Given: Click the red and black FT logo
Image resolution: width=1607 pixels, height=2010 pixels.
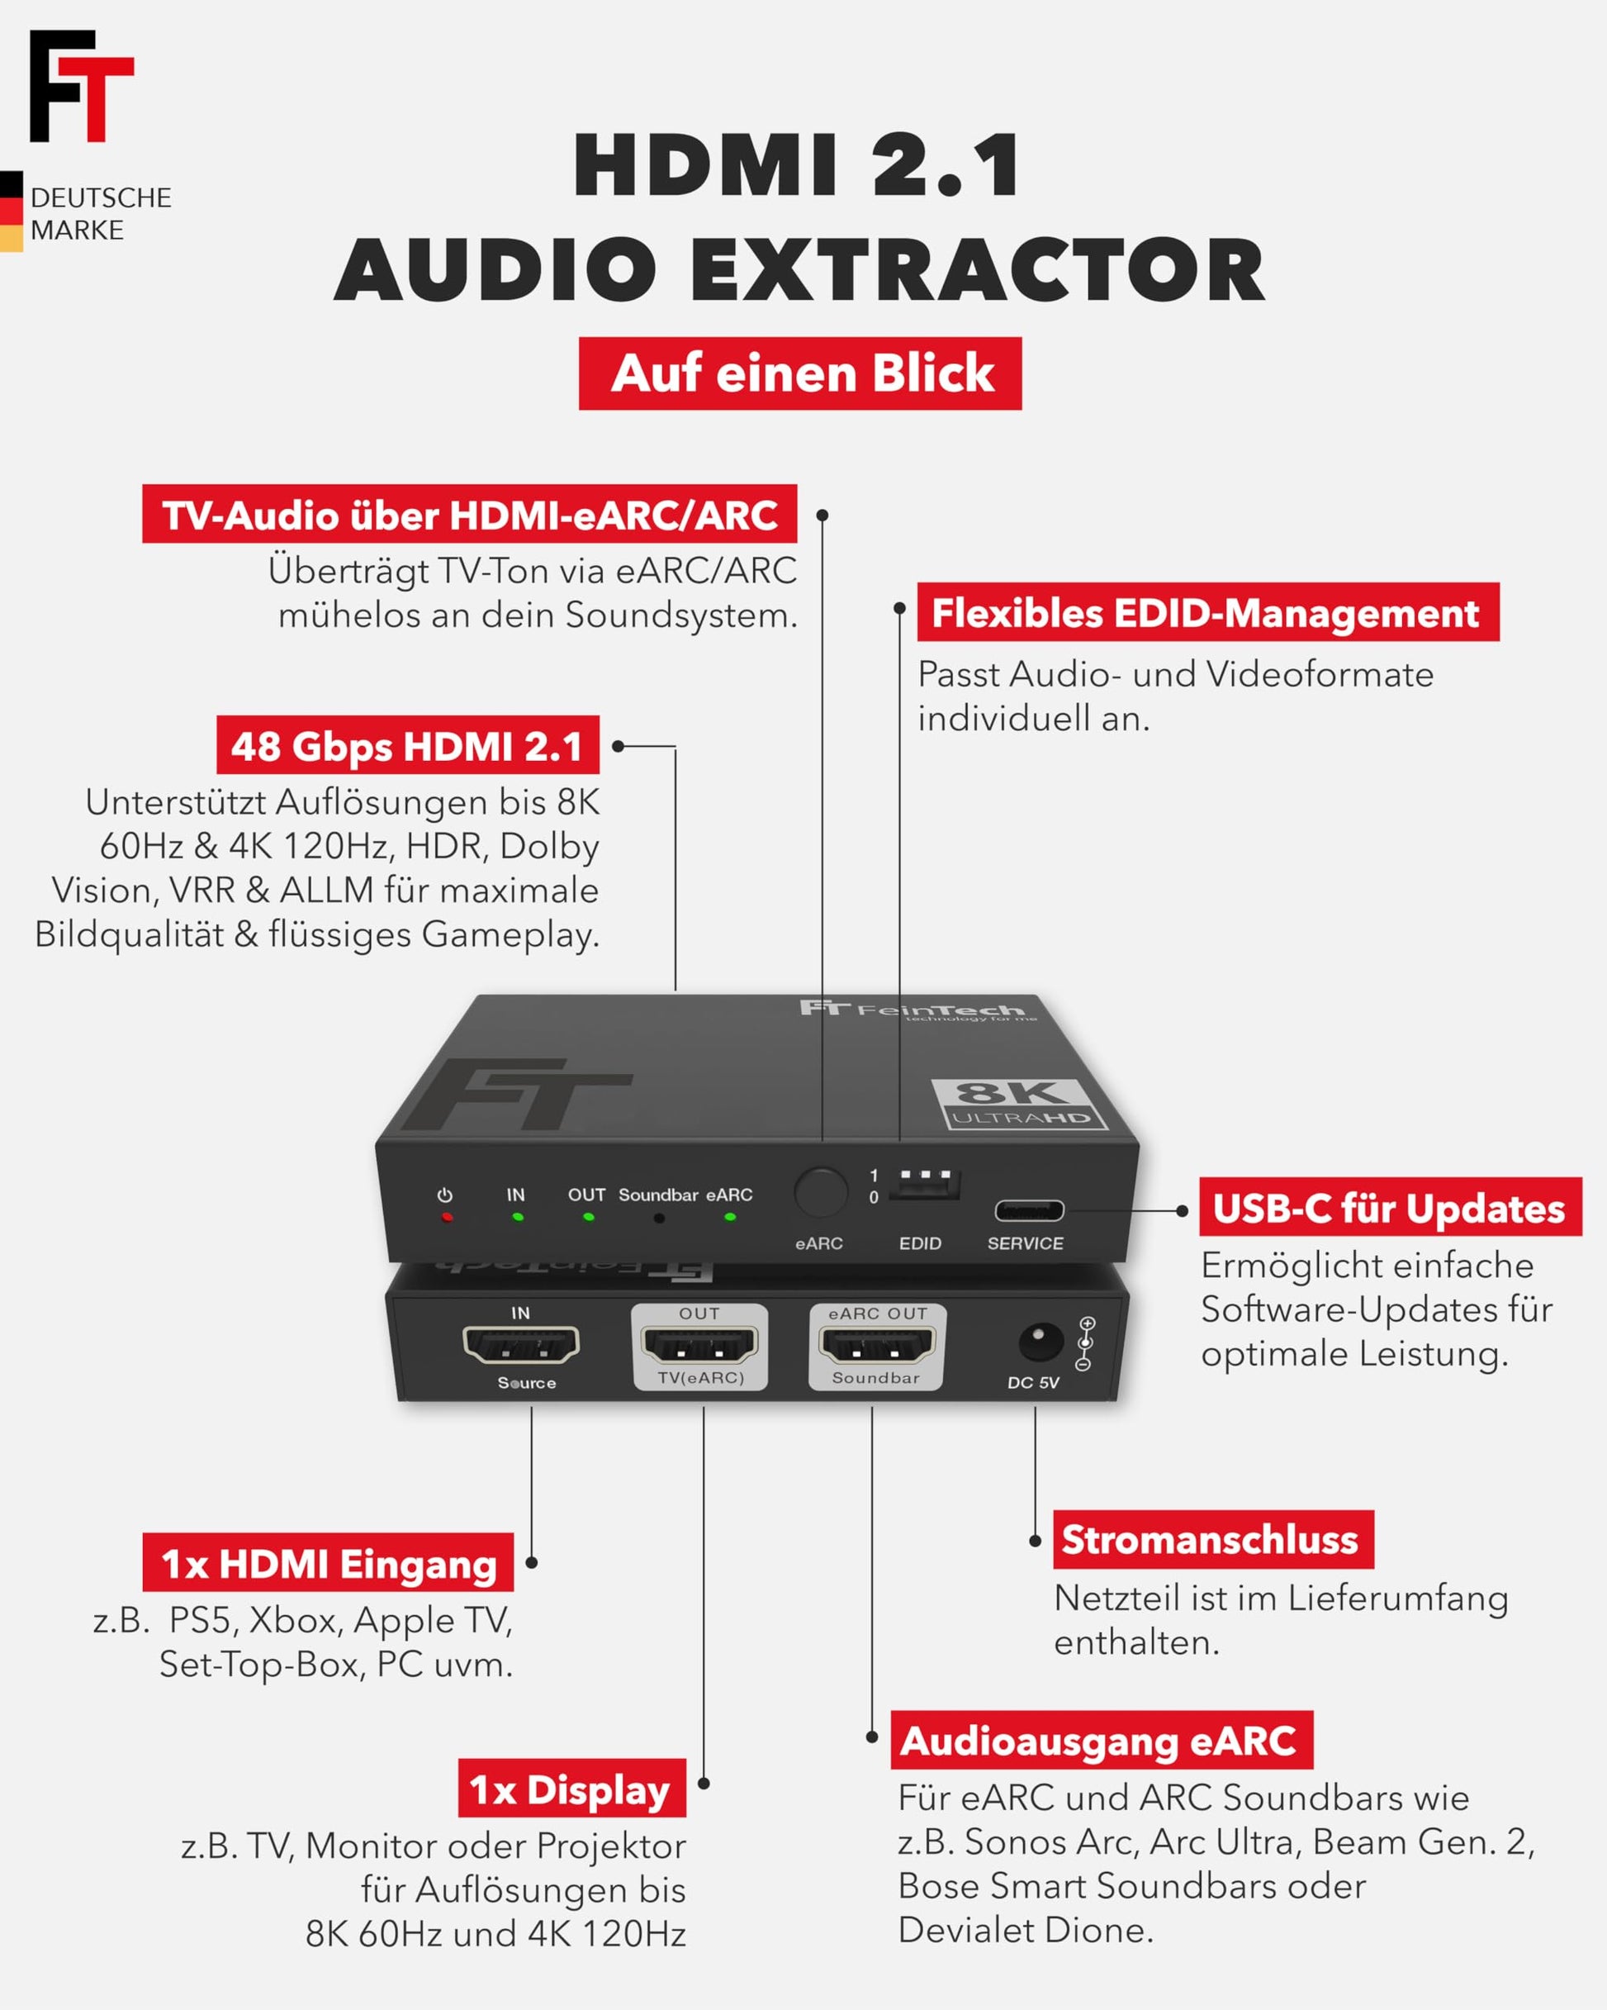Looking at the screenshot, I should [81, 86].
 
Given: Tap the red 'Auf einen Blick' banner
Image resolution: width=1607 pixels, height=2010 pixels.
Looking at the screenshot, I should [799, 374].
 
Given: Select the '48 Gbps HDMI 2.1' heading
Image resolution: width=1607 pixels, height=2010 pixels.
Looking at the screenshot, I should [407, 745].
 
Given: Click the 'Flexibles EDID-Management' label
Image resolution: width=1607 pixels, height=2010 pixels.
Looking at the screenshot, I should [1207, 612].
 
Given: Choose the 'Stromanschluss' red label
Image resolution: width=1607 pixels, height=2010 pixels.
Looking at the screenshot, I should [1211, 1539].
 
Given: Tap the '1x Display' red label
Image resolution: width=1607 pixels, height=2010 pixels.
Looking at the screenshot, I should [571, 1788].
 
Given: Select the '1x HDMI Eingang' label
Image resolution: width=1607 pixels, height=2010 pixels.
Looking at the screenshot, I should [328, 1562].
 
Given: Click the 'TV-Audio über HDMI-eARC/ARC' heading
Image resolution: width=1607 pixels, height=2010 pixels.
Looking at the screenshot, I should [469, 514].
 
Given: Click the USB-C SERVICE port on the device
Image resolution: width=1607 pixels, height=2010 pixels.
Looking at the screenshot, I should [1029, 1211].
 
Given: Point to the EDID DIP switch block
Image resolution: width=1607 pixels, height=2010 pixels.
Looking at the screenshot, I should [926, 1184].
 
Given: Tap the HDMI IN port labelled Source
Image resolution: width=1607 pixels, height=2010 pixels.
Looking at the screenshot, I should [521, 1344].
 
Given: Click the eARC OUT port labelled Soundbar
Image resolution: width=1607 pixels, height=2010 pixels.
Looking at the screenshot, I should [876, 1344].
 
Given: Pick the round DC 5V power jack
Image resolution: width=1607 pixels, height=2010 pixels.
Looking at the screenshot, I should [1040, 1342].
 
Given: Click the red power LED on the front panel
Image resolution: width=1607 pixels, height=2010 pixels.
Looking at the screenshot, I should [447, 1217].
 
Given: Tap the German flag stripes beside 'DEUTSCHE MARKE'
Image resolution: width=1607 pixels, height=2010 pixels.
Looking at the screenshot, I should [12, 211].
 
